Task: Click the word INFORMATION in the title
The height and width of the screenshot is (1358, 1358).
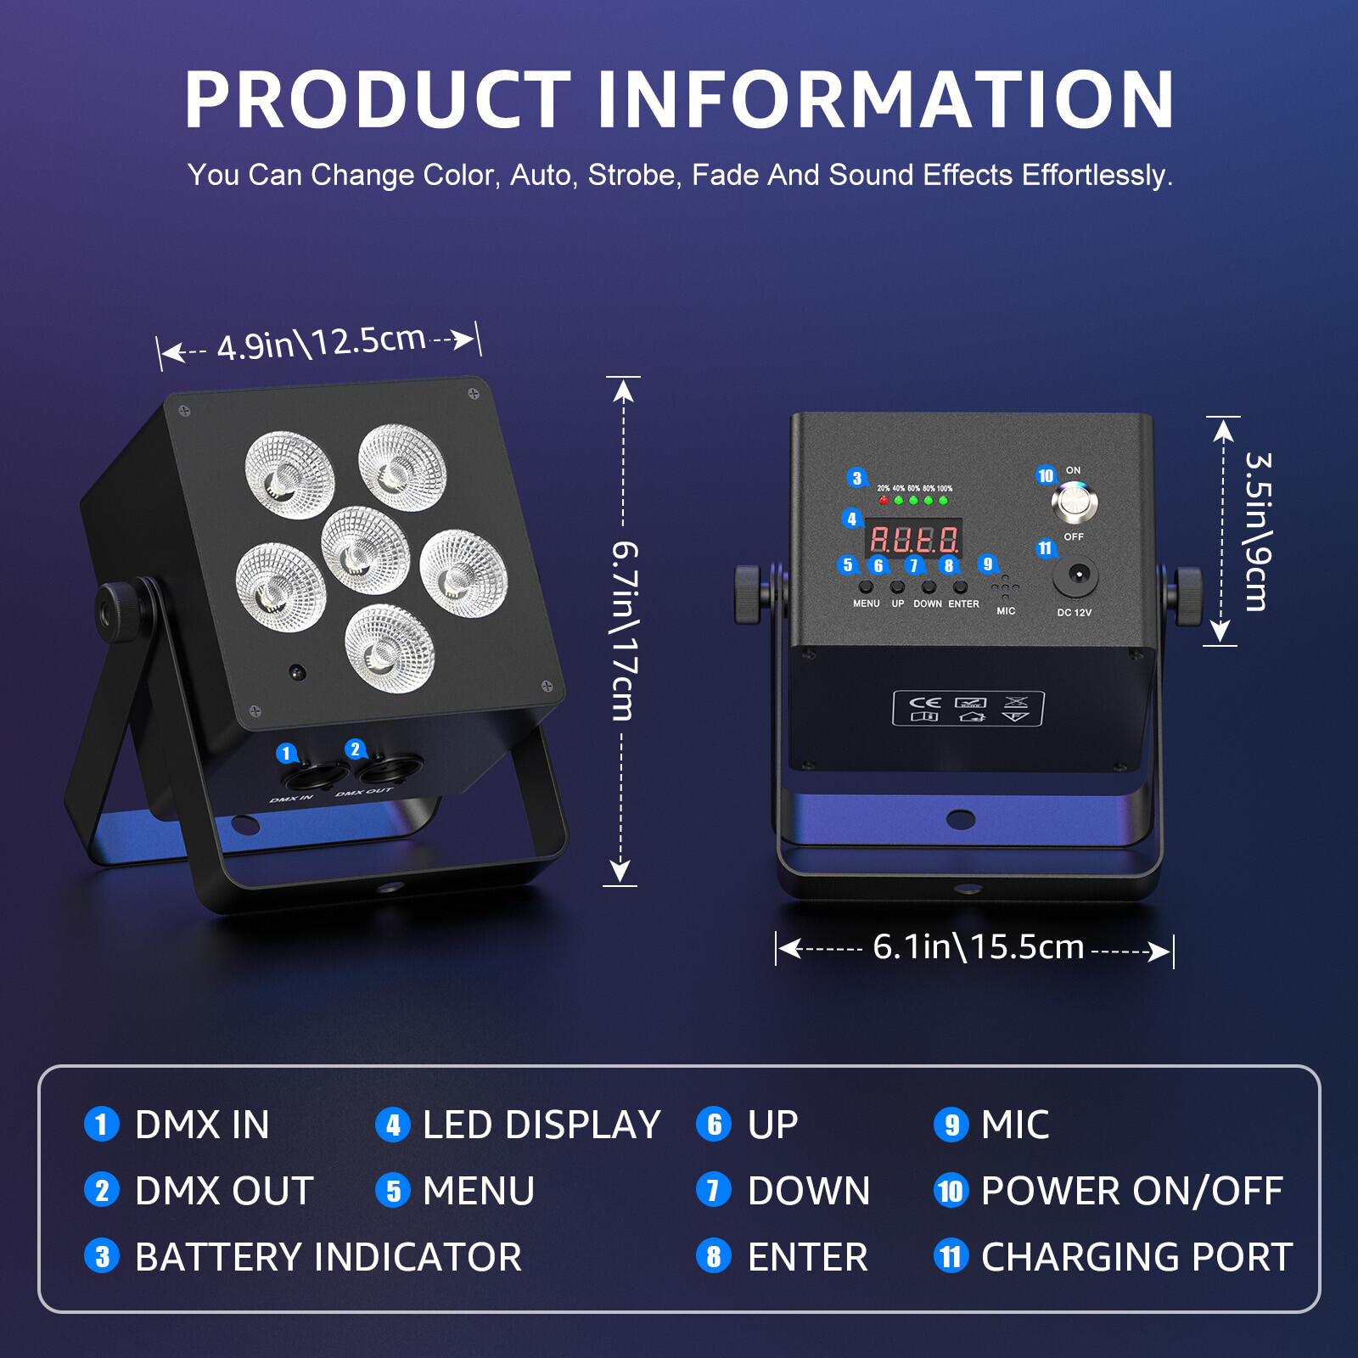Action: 885,100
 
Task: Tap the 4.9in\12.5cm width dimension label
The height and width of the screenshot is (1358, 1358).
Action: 321,343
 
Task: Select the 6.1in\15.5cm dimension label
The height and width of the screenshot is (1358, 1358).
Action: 978,947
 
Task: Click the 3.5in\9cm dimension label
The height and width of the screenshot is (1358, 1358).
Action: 1257,531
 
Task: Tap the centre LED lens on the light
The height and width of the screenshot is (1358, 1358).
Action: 365,550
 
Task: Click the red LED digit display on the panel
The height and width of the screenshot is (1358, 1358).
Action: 914,539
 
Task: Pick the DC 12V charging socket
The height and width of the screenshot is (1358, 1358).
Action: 1075,575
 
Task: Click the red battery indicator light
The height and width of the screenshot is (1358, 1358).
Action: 884,501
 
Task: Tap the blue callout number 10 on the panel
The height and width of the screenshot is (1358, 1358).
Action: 1046,475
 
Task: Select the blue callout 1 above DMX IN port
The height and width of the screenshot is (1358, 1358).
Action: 286,753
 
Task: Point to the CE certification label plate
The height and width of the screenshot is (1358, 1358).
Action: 968,709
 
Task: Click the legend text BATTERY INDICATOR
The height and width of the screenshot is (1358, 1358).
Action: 328,1257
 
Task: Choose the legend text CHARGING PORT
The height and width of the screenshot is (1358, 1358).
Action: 1136,1257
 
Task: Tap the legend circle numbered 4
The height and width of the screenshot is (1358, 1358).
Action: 392,1125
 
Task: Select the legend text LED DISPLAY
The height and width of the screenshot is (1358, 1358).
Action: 542,1125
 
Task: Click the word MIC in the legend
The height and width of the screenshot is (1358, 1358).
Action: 1015,1125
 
